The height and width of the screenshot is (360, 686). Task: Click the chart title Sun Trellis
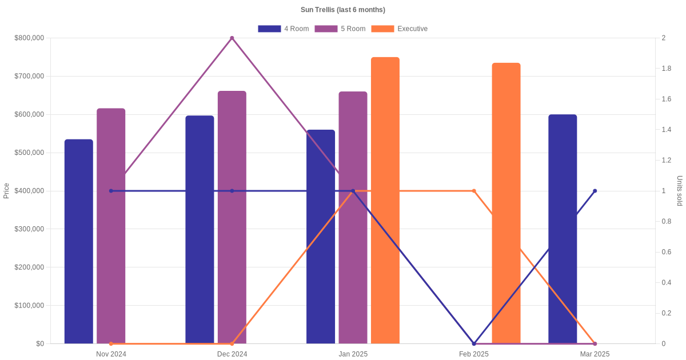[342, 10]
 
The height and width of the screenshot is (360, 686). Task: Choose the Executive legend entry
[399, 29]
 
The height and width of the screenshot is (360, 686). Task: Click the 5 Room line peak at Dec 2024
[232, 38]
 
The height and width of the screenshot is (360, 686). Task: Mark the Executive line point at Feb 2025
[474, 191]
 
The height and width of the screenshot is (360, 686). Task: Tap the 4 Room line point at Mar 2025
[595, 191]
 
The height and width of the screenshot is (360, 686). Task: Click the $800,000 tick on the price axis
[29, 38]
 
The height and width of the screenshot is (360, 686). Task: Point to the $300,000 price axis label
[29, 229]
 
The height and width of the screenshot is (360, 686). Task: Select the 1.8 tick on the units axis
[667, 69]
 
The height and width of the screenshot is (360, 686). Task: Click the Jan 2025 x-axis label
[353, 354]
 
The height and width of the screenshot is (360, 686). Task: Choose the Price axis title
[6, 191]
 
